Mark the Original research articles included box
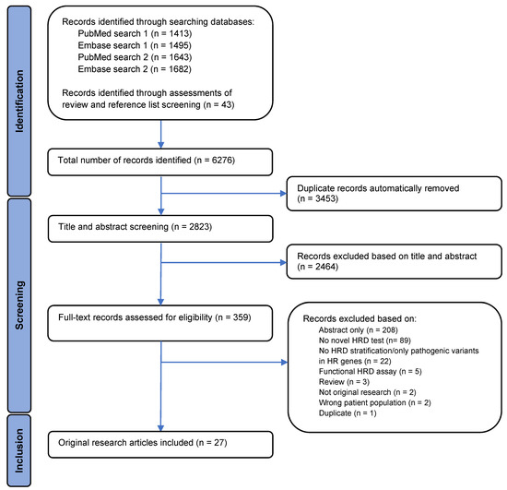161,444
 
